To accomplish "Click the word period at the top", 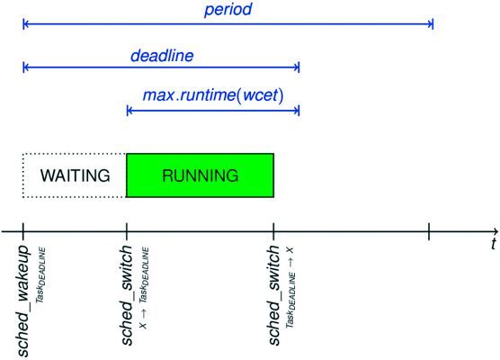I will [x=228, y=11].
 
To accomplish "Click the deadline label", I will [x=161, y=56].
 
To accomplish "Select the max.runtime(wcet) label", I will [x=213, y=94].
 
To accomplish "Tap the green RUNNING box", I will [x=200, y=175].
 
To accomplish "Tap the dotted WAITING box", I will [x=75, y=175].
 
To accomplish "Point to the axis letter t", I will [x=493, y=244].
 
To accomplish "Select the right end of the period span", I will [x=433, y=22].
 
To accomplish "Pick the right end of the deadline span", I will [x=299, y=67].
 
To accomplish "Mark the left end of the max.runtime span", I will [x=128, y=110].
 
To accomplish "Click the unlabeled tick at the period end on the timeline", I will [x=430, y=230].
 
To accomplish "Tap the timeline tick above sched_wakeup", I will [x=23, y=230].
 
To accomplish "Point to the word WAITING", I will [x=75, y=175].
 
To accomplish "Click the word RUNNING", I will [x=200, y=175].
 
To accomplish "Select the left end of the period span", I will [x=23, y=22].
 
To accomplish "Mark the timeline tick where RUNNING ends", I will [x=273, y=230].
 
